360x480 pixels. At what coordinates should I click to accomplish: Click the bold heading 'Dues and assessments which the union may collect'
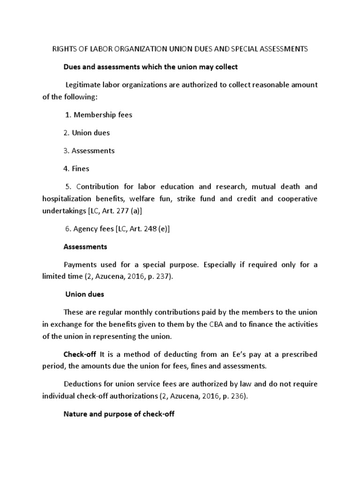(x=150, y=67)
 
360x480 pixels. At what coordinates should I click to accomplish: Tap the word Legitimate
(x=85, y=85)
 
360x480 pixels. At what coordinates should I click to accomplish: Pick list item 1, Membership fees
(x=99, y=115)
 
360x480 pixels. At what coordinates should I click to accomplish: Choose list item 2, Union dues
(x=87, y=133)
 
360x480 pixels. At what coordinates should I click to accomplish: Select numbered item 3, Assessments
(x=89, y=151)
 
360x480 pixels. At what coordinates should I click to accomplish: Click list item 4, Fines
(x=76, y=169)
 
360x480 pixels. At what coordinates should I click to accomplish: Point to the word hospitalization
(x=68, y=199)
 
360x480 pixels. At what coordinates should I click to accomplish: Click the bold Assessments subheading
(x=85, y=247)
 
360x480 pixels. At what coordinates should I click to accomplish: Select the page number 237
(x=164, y=277)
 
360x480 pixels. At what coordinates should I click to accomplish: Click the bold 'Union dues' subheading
(x=84, y=295)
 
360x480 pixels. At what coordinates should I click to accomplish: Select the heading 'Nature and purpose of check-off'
(x=119, y=415)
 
